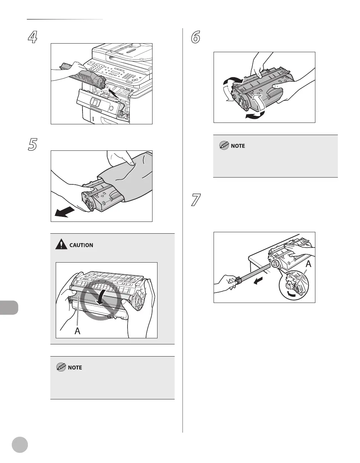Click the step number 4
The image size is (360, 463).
point(33,38)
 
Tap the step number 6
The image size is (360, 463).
point(195,38)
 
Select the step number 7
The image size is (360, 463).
point(196,200)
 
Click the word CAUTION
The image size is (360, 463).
point(81,245)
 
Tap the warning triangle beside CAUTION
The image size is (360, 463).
point(62,244)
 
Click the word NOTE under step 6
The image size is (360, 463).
point(238,146)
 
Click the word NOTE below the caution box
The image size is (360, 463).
point(75,367)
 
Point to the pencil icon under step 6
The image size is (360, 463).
point(224,145)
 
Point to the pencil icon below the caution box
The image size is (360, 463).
point(61,367)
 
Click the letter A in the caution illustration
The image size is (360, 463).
point(77,331)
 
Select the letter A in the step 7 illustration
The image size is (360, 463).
point(309,264)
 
